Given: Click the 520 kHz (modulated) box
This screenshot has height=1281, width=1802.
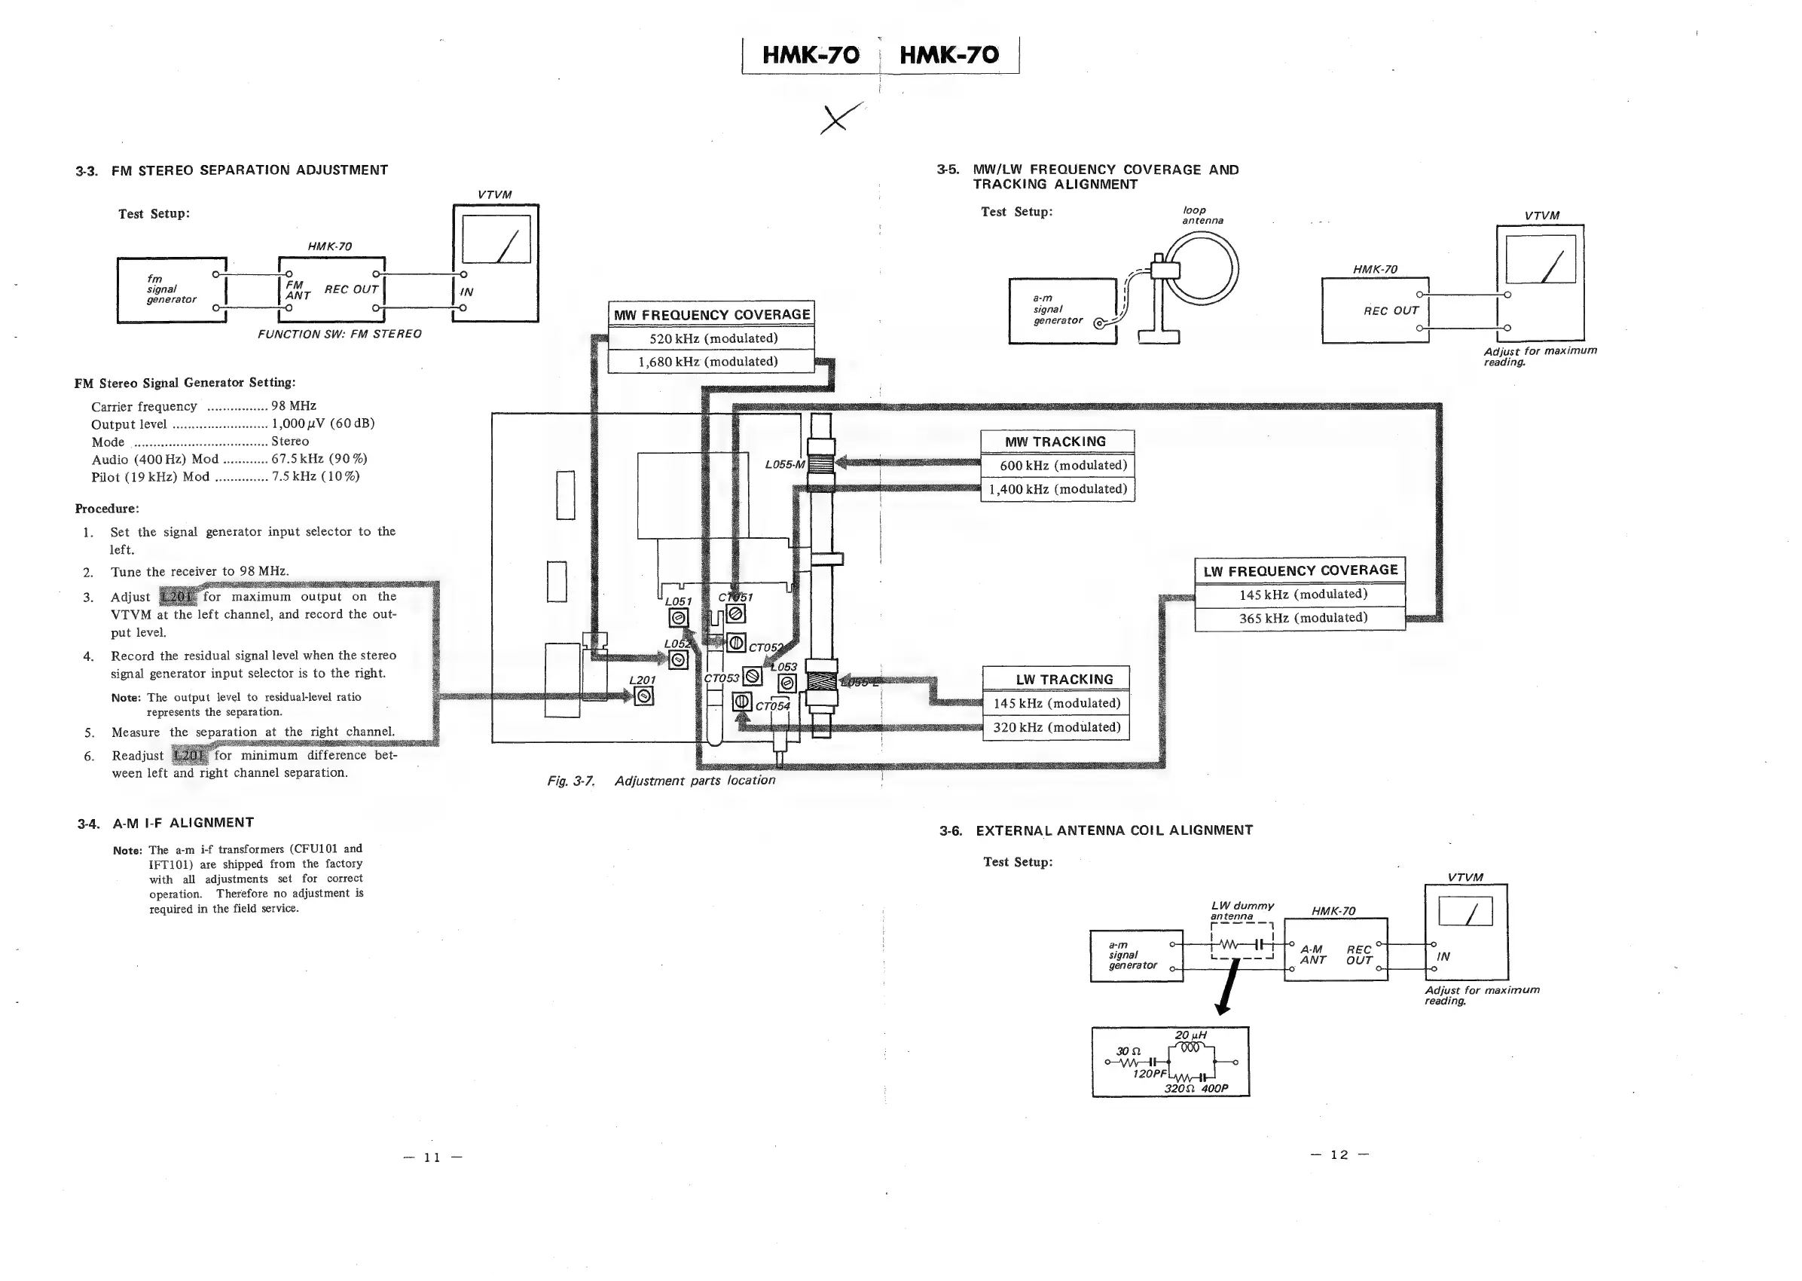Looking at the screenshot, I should click(x=711, y=338).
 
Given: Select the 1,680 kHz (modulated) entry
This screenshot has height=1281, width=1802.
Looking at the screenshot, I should click(x=711, y=362).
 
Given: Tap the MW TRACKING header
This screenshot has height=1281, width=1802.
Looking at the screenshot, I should click(x=1056, y=442).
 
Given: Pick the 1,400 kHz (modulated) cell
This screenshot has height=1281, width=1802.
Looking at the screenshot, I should click(x=1057, y=490).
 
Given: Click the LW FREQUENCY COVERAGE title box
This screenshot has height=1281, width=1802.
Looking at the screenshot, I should click(x=1300, y=570).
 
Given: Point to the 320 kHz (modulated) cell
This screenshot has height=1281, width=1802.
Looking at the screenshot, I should click(x=1056, y=727).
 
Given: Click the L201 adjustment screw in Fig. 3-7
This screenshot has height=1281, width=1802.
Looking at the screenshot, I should click(x=643, y=696).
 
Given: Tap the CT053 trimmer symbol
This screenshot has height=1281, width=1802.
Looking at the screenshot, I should click(x=753, y=677).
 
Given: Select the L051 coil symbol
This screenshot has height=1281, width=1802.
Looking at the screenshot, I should click(x=678, y=619).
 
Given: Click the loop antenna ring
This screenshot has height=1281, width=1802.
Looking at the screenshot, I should click(x=1203, y=269).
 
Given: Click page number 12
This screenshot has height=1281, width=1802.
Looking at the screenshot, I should click(x=1339, y=1155).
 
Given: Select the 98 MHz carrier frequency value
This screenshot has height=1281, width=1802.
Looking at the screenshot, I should click(x=293, y=406).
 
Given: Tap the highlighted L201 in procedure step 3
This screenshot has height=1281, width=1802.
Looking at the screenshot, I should click(x=179, y=596).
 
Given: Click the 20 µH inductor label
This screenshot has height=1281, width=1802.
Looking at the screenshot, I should click(x=1190, y=1035).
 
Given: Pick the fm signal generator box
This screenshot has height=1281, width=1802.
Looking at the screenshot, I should click(x=171, y=289).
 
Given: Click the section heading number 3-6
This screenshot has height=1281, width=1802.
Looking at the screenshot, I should click(x=950, y=830).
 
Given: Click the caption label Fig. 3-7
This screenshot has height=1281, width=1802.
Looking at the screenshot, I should click(x=570, y=781).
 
